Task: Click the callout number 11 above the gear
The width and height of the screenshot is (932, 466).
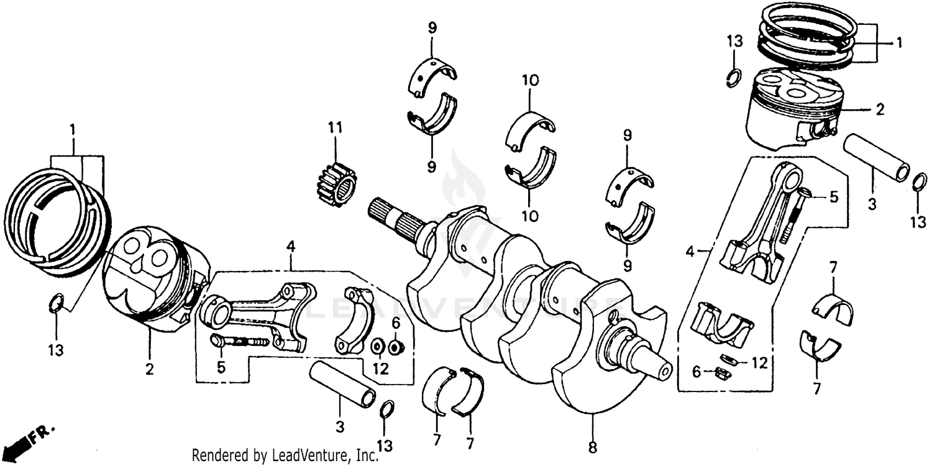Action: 336,128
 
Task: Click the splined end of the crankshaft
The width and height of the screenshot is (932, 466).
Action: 388,215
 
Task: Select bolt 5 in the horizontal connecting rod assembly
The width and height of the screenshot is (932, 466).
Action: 239,341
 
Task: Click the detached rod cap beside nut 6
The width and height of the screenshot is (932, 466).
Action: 356,319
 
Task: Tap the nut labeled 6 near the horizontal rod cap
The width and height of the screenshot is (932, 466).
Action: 393,346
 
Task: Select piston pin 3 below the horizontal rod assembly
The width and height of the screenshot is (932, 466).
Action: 342,384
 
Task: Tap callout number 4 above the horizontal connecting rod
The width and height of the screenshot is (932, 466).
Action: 290,247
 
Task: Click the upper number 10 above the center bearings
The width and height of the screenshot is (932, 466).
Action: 530,81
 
